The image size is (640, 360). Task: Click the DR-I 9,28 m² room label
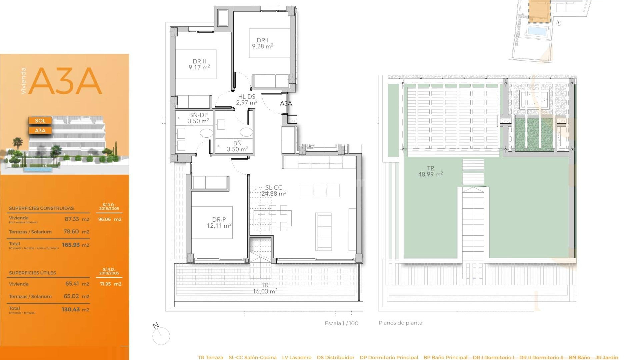[263, 43]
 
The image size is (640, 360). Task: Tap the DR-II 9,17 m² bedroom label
[199, 64]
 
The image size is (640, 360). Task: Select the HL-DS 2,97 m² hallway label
[247, 100]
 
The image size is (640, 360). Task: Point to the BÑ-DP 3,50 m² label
[198, 118]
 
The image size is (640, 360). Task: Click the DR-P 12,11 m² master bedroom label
[219, 223]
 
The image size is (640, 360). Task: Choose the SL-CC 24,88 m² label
[274, 191]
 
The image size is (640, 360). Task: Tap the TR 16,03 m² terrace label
[265, 288]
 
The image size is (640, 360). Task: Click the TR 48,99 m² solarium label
[430, 171]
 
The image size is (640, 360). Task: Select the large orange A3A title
[65, 81]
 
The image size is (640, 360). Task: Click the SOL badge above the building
[40, 121]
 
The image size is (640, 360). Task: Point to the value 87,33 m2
[77, 219]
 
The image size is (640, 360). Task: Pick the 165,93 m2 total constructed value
[75, 245]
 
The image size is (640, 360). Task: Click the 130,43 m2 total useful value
[75, 310]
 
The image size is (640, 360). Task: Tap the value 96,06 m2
[110, 219]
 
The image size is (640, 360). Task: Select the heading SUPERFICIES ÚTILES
[32, 273]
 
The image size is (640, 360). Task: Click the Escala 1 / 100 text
[341, 323]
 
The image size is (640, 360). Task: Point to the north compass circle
[161, 336]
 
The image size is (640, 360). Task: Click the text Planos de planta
[401, 323]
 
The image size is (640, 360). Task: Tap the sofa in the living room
[323, 232]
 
